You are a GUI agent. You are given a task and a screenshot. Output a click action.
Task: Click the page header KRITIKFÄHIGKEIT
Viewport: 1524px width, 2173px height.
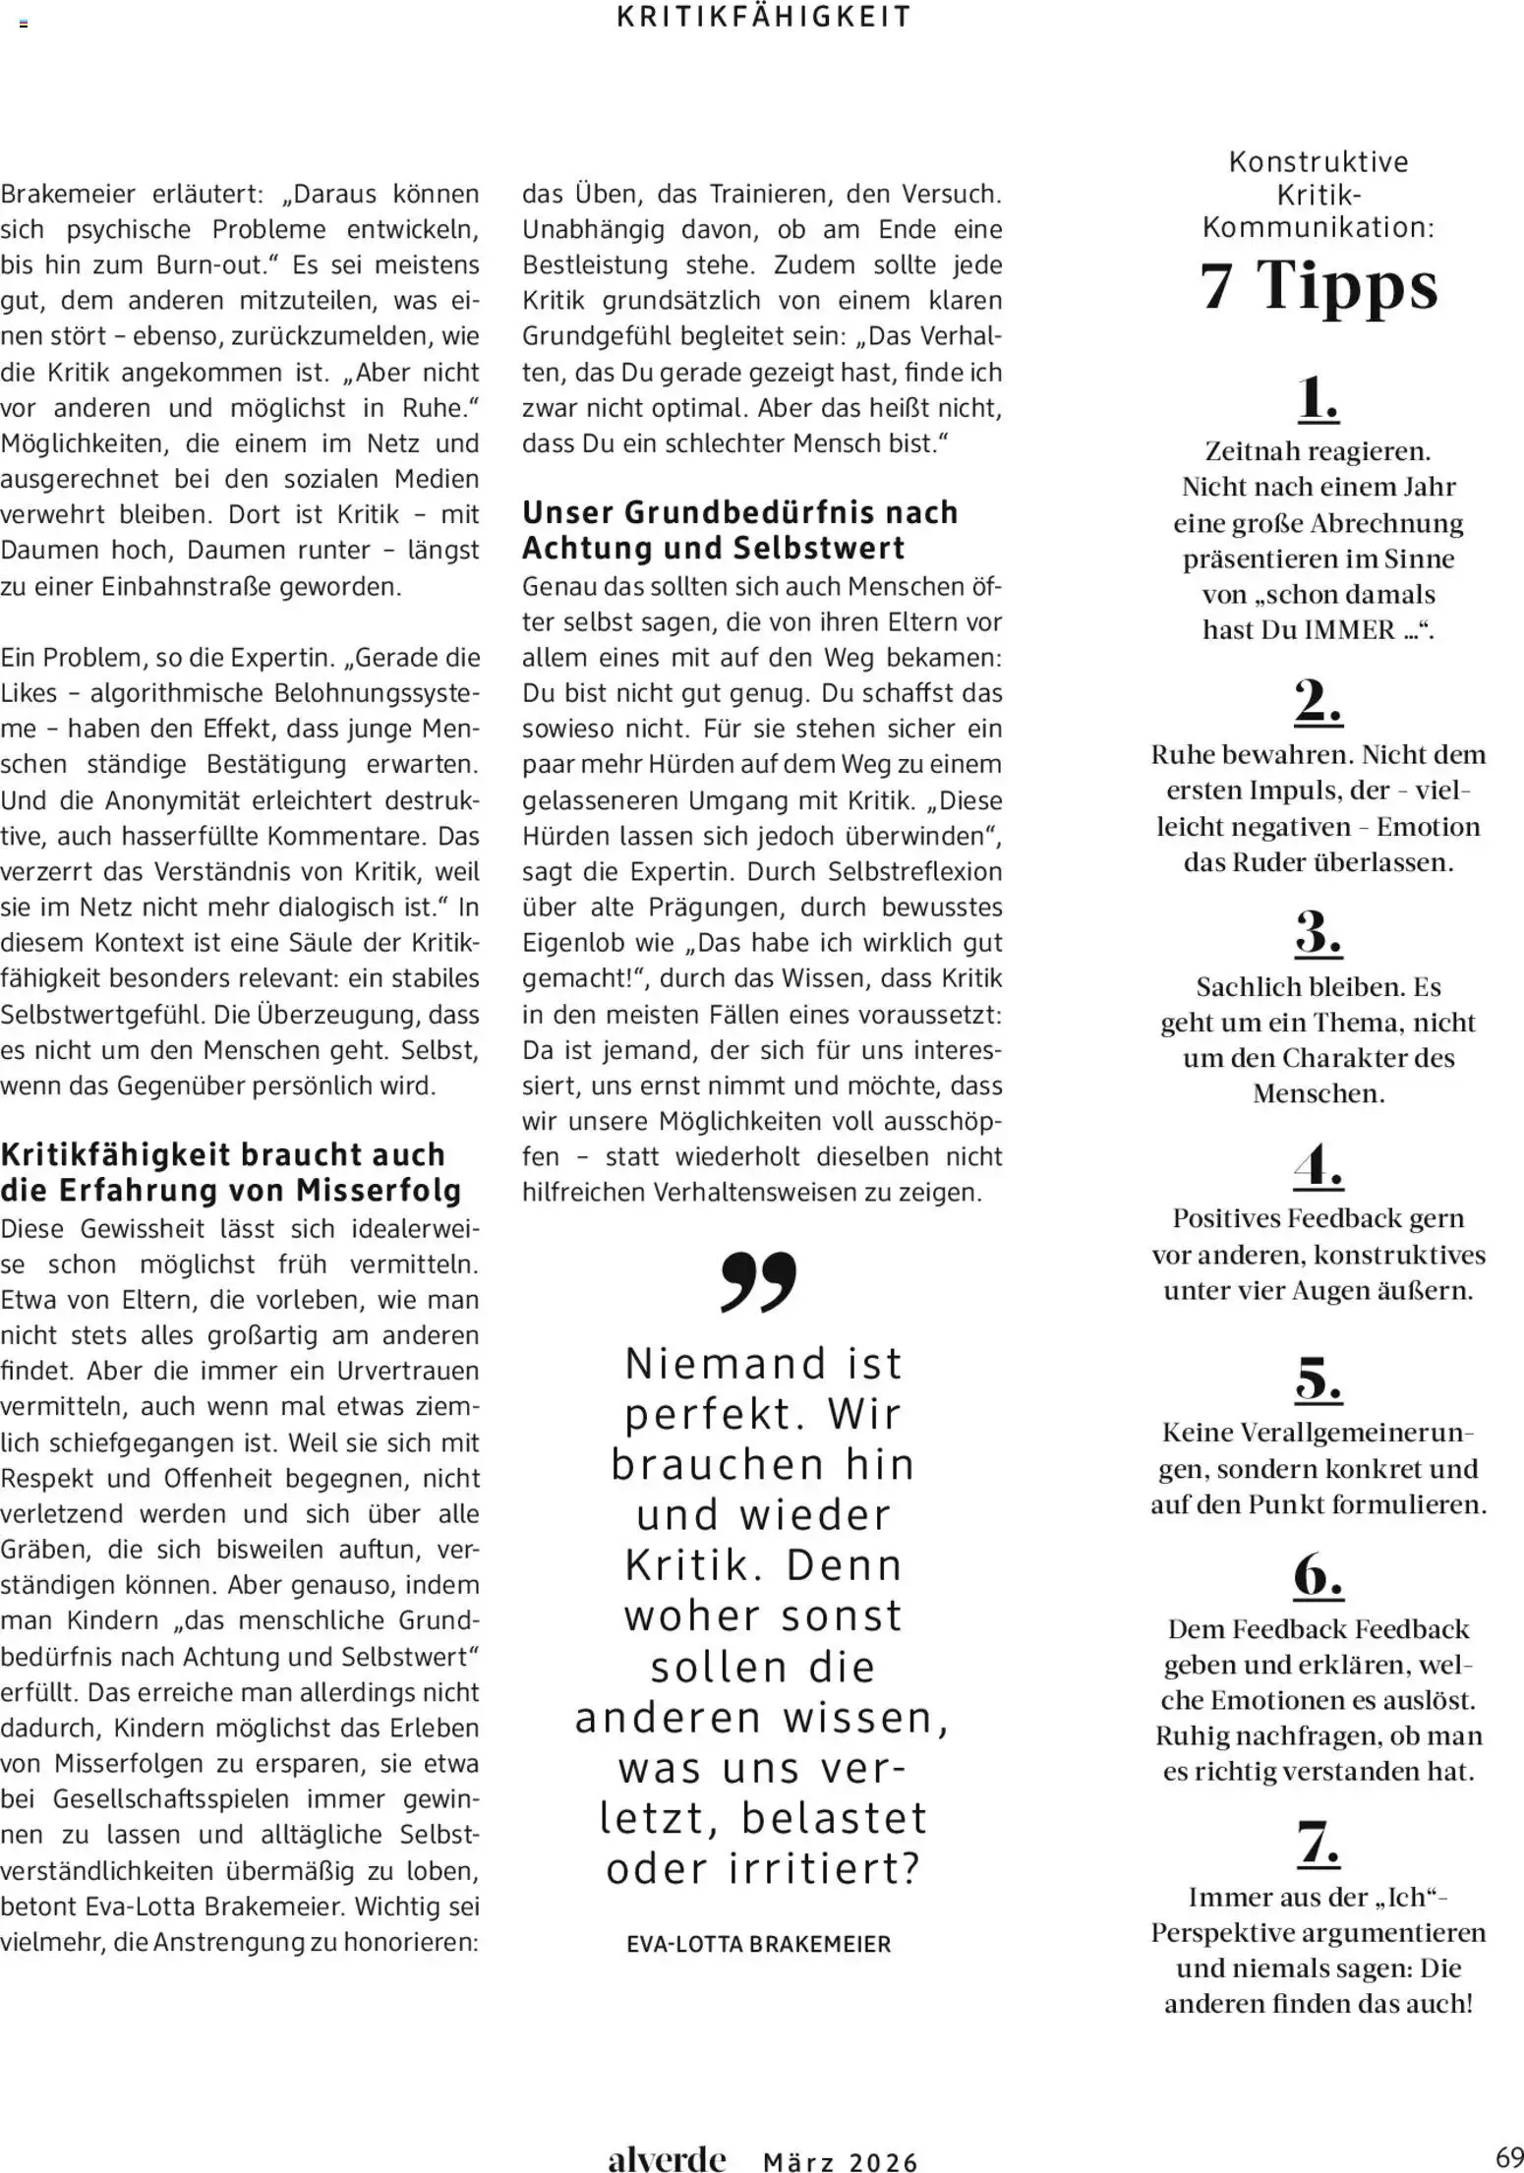pos(764,17)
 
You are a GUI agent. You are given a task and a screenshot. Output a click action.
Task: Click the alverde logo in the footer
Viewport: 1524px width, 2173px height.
pos(667,2158)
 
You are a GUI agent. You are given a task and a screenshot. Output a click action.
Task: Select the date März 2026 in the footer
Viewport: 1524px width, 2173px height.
pos(841,2161)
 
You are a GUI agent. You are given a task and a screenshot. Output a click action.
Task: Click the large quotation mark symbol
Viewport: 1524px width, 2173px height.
pos(758,1282)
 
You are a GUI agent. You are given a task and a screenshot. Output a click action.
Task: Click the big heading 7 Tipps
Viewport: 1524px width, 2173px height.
pos(1319,286)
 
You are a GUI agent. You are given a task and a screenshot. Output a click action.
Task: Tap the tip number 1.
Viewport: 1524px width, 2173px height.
pos(1318,398)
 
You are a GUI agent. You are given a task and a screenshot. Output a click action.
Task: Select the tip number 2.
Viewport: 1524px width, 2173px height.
pos(1318,701)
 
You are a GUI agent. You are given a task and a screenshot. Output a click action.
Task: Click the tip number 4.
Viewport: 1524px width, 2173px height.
pos(1318,1165)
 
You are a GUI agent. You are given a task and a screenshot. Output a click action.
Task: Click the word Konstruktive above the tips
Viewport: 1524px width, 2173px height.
pos(1319,161)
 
